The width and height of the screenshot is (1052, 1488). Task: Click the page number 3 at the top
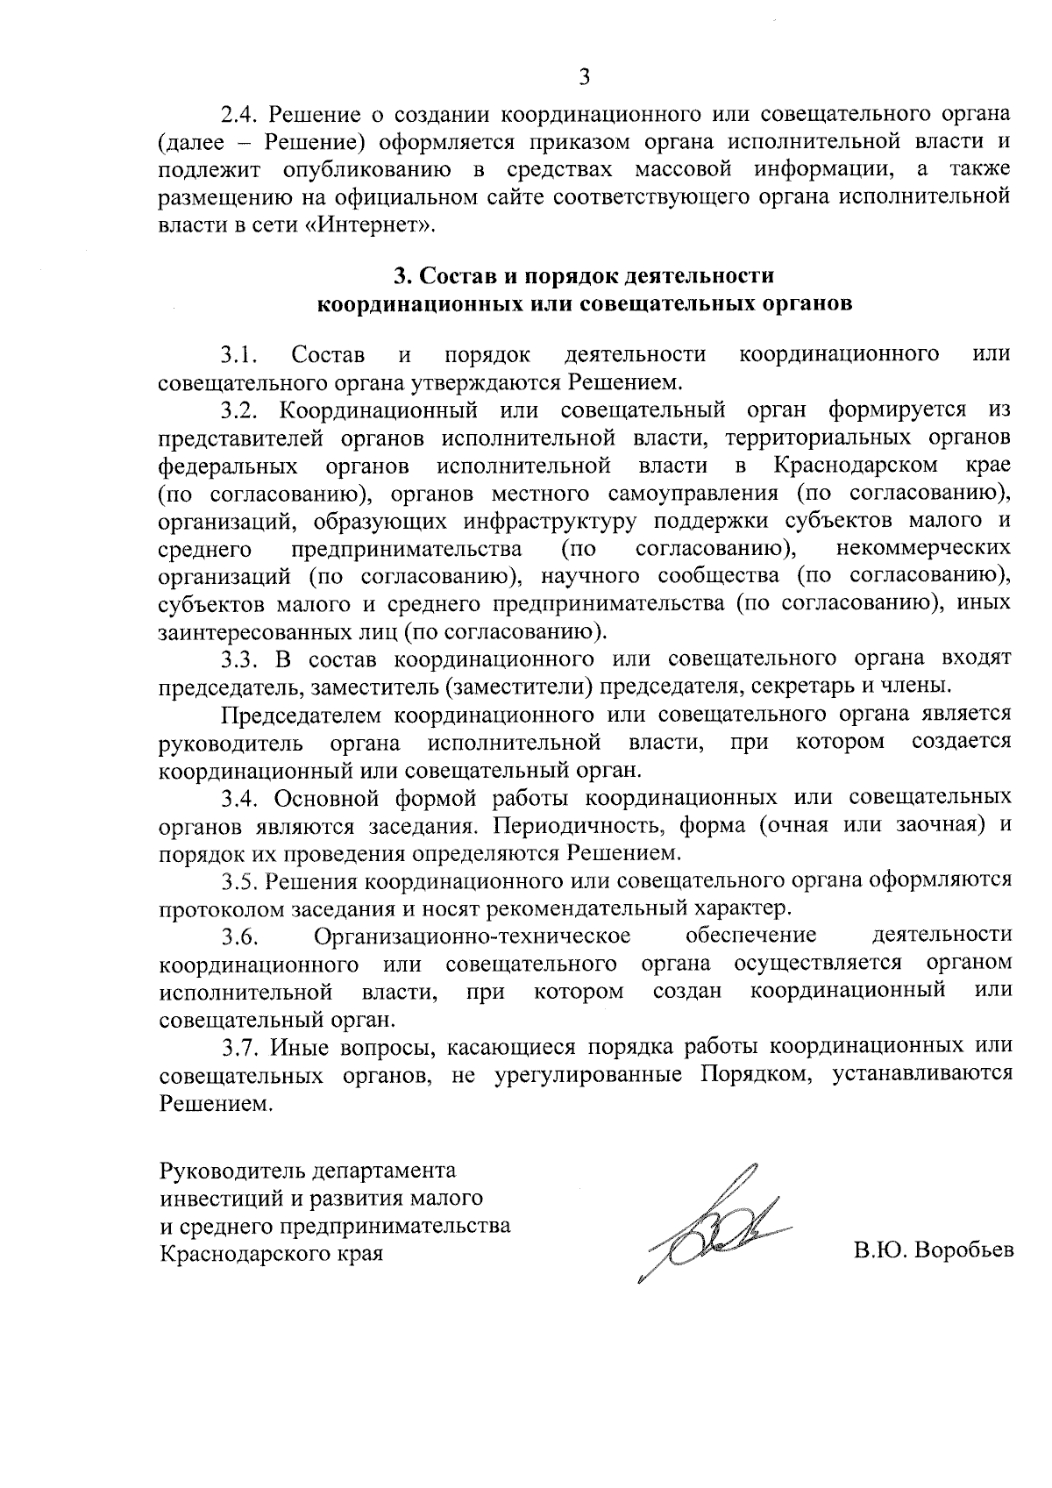584,77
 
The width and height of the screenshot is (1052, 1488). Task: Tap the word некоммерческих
924,548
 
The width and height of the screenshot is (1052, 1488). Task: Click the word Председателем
302,715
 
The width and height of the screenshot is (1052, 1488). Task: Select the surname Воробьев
963,1251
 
